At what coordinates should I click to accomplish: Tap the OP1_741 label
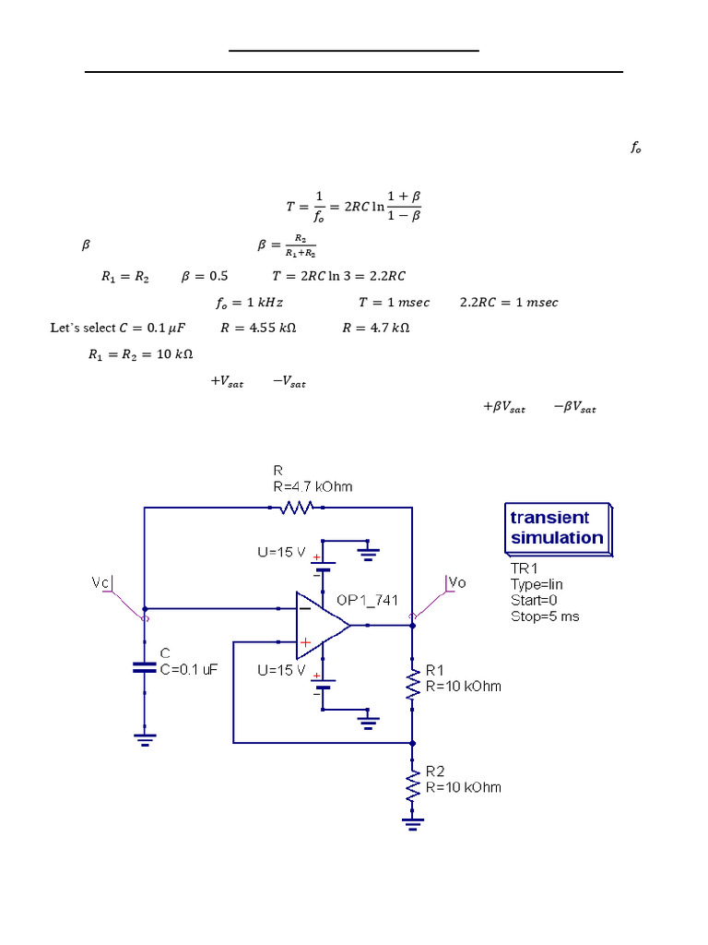(367, 600)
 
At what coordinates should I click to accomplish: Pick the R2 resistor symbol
(412, 786)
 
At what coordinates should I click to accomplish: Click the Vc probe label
(101, 582)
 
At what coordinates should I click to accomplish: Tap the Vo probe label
(456, 582)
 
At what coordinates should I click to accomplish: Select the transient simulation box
(556, 529)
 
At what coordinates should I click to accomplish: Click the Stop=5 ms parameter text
(545, 616)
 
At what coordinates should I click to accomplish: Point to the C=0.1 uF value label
(188, 670)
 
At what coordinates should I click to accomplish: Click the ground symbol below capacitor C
(144, 737)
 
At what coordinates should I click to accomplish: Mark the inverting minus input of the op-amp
(302, 608)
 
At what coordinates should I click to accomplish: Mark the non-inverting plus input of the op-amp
(303, 641)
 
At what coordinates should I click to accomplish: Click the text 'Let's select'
(82, 328)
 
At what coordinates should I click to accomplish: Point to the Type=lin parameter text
(537, 584)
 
